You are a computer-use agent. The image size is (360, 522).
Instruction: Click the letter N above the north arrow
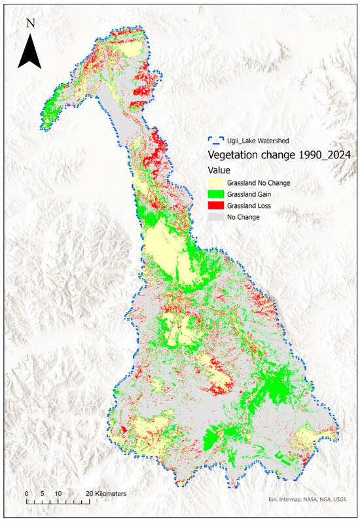pyautogui.click(x=30, y=23)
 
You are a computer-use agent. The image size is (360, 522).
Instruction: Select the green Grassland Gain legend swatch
pyautogui.click(x=216, y=194)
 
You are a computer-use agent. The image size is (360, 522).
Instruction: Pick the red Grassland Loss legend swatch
pyautogui.click(x=216, y=205)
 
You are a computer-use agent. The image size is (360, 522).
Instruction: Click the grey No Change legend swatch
pyautogui.click(x=216, y=217)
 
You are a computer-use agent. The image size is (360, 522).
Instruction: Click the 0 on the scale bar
pyautogui.click(x=27, y=493)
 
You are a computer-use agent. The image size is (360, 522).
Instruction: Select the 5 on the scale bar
pyautogui.click(x=43, y=493)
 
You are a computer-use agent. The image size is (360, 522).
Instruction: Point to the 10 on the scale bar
pyautogui.click(x=58, y=493)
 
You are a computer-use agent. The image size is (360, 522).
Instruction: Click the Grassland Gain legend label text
pyautogui.click(x=249, y=194)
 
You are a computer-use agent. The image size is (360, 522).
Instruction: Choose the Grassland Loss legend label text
pyautogui.click(x=249, y=205)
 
